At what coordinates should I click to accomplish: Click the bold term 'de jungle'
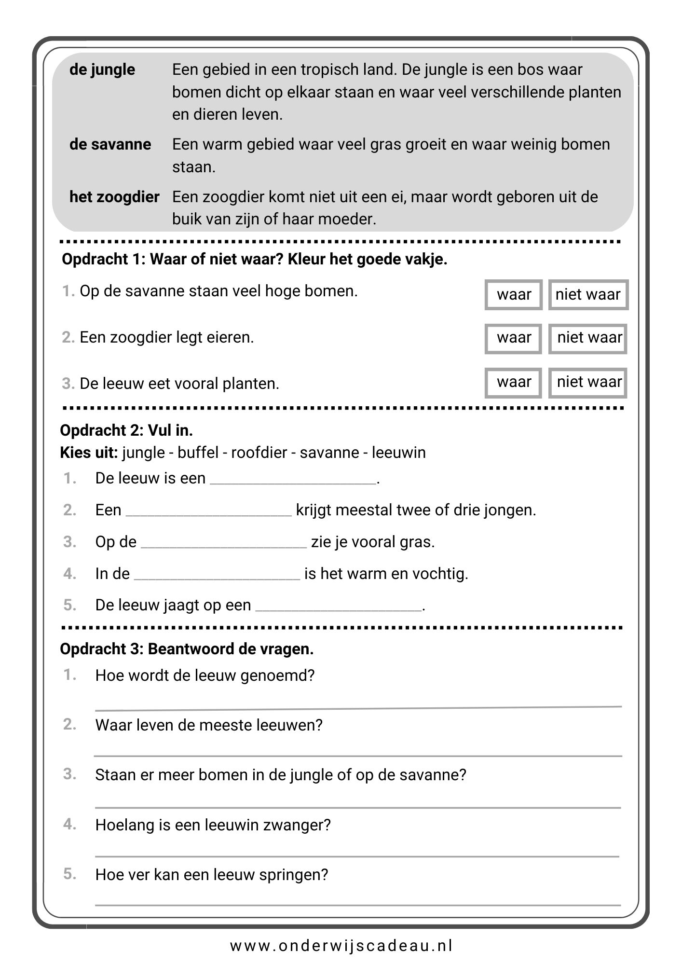tap(102, 69)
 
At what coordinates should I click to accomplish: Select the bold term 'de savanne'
tap(110, 144)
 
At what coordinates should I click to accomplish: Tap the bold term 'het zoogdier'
tap(114, 197)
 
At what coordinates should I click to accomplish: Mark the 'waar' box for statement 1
tap(514, 294)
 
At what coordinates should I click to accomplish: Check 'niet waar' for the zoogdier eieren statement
tap(588, 338)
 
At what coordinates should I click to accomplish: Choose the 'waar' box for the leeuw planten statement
tap(514, 382)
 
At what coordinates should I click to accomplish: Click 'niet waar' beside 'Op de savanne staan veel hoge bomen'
tap(588, 294)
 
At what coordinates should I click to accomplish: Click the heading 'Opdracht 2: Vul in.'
tap(126, 430)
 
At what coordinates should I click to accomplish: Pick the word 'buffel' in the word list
tap(198, 453)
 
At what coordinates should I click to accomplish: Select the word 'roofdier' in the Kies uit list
tap(259, 453)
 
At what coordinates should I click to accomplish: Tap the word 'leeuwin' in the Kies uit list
tap(399, 453)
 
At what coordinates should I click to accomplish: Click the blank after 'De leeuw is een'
tap(293, 480)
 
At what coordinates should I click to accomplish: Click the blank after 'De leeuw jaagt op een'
tap(338, 607)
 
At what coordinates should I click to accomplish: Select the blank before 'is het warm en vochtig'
tap(217, 575)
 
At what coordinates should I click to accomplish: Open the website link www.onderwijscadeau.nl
tap(341, 946)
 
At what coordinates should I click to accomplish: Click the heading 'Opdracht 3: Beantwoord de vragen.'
tap(187, 649)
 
